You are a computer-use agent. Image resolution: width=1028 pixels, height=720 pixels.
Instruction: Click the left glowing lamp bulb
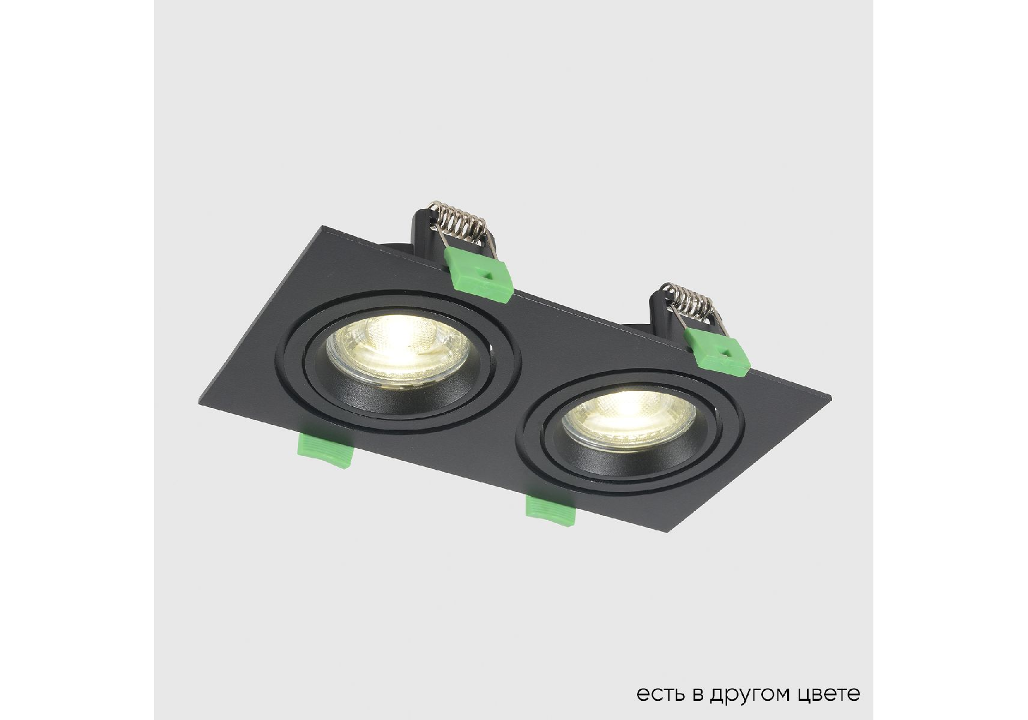[397, 349]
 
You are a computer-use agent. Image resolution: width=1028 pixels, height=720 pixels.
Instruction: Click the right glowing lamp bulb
[629, 420]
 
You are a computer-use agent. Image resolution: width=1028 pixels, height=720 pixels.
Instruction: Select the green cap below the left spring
[478, 274]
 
